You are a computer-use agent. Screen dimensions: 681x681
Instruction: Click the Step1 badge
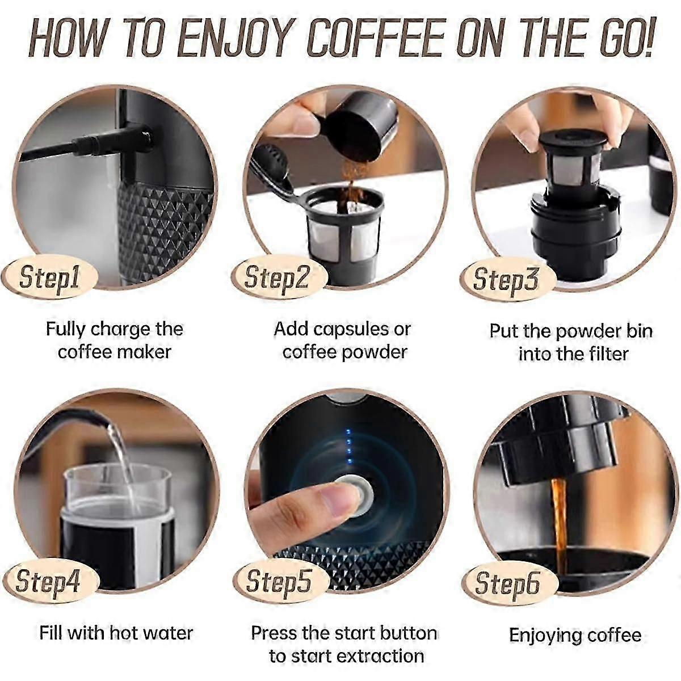tap(50, 278)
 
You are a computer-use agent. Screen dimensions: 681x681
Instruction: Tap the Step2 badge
tap(277, 278)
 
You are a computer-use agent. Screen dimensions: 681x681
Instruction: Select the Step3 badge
tap(506, 279)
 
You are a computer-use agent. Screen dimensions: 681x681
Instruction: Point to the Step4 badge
tap(48, 582)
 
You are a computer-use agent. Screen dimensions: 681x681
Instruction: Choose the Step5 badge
tap(279, 582)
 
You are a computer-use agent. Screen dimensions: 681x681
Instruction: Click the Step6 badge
tap(507, 584)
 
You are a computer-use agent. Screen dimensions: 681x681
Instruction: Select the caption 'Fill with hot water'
tap(116, 633)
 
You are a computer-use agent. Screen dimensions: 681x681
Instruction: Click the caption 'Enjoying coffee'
tap(574, 635)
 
